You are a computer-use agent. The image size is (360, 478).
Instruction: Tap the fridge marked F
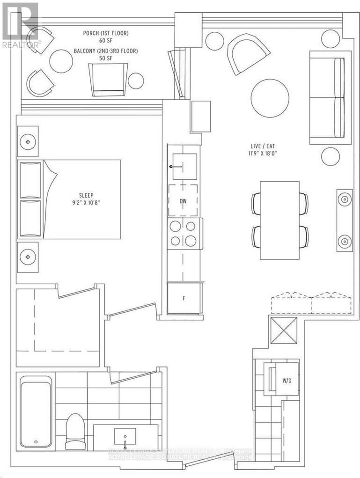[184, 298]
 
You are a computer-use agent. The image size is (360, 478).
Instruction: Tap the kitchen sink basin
[184, 166]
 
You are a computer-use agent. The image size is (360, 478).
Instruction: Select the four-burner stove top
[184, 233]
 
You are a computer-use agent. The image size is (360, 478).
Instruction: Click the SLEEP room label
[85, 196]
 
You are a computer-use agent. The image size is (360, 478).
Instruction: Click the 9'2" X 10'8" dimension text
[85, 204]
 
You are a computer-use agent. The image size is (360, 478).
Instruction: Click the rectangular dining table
[279, 220]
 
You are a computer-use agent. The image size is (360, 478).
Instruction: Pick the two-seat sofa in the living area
[330, 97]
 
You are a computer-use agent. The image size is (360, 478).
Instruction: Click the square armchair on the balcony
[108, 79]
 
